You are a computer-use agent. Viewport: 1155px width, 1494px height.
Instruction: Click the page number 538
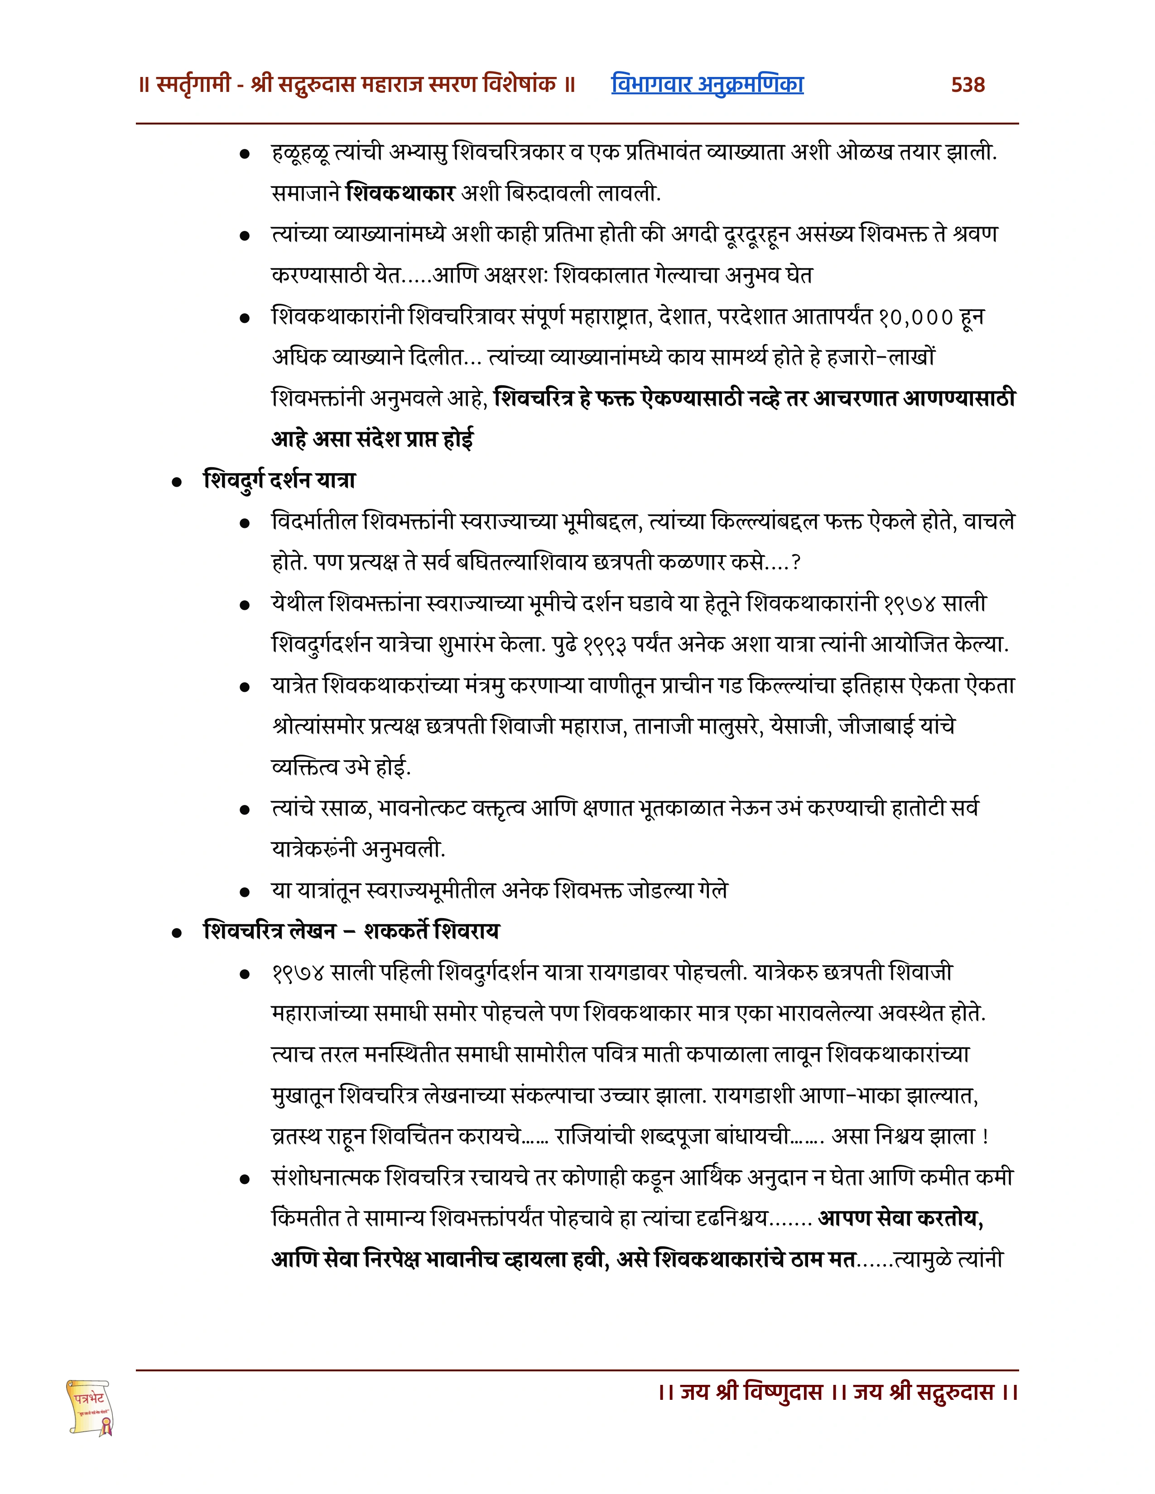point(967,85)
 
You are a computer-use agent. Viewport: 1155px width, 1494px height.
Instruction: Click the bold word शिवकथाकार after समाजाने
point(400,194)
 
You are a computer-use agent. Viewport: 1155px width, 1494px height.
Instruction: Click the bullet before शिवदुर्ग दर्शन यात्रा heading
point(177,482)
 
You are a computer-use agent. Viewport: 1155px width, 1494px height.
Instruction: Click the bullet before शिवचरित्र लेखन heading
point(177,933)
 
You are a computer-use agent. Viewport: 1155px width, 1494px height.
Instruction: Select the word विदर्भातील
point(315,522)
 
